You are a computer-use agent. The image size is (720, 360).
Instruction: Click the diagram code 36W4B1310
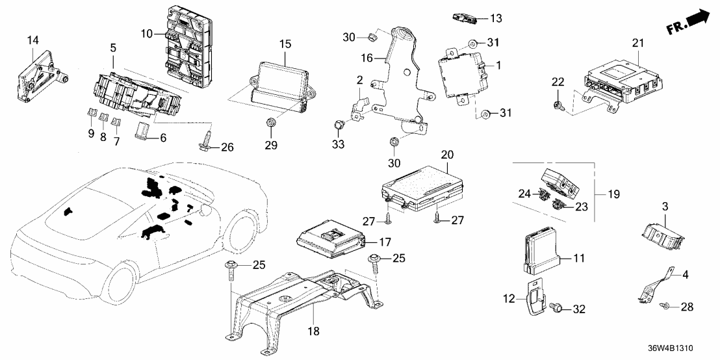click(x=683, y=348)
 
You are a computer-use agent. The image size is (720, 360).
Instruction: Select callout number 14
click(x=33, y=40)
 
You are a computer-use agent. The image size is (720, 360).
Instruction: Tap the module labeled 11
click(x=541, y=252)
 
